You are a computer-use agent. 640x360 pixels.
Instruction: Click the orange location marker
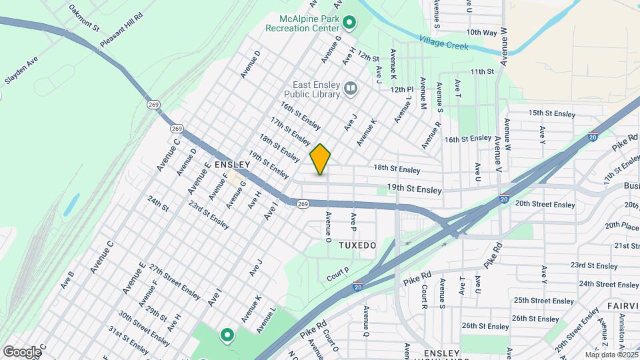(x=320, y=159)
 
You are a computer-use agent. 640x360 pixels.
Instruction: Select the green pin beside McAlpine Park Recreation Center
(x=348, y=24)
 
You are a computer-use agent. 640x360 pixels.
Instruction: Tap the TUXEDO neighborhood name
(x=357, y=245)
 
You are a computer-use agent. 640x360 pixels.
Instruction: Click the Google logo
(x=21, y=351)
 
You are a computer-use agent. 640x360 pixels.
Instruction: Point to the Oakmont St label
(x=83, y=19)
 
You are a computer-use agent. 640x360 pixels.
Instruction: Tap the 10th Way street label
(x=481, y=32)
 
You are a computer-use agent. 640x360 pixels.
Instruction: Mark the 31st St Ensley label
(x=129, y=340)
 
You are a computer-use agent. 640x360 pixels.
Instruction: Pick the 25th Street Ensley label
(x=545, y=301)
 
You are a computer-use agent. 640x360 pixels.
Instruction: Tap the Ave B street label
(x=67, y=279)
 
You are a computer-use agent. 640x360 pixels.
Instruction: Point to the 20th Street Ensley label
(x=545, y=204)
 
